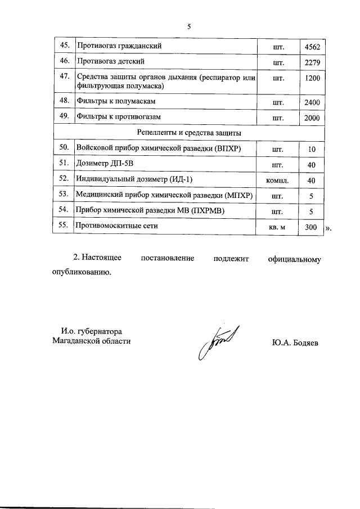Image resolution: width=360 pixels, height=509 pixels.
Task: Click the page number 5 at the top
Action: point(190,26)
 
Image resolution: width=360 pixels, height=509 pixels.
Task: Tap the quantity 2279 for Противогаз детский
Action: point(311,61)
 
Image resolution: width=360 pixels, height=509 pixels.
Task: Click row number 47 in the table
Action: point(64,76)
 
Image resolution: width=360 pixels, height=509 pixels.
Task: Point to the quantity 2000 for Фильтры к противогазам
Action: point(311,118)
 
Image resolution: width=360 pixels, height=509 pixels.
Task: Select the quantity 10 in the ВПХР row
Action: point(311,149)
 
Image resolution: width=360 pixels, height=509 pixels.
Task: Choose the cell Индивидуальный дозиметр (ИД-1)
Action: point(138,179)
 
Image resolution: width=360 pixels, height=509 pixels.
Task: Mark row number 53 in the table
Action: point(64,195)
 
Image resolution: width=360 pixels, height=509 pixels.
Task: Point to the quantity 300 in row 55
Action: point(311,226)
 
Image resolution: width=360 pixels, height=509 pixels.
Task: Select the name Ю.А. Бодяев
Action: point(294,343)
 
